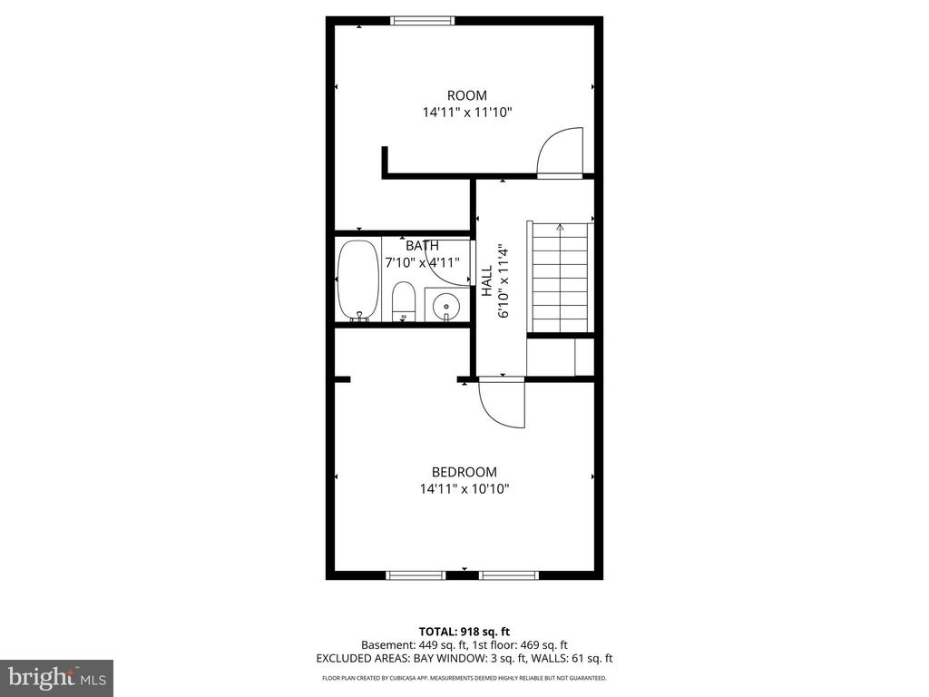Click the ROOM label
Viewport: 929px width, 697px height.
click(466, 95)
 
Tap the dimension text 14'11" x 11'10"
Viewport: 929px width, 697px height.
click(467, 113)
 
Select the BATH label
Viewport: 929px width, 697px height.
click(422, 245)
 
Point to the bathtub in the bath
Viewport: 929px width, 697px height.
click(357, 280)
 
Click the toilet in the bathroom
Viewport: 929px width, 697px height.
click(403, 301)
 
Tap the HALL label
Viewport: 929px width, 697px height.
click(486, 280)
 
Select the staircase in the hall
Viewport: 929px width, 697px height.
click(560, 278)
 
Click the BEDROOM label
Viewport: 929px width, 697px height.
click(464, 472)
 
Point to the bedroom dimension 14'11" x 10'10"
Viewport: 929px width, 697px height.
click(464, 489)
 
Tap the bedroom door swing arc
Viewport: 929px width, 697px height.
click(503, 405)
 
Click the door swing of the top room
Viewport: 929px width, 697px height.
click(559, 152)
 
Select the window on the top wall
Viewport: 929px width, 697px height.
click(422, 21)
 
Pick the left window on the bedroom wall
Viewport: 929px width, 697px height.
click(416, 574)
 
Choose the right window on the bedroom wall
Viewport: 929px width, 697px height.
click(509, 574)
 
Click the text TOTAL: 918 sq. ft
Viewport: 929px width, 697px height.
click(464, 631)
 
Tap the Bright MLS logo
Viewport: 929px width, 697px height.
click(56, 677)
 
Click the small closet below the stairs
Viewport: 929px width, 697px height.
click(560, 357)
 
